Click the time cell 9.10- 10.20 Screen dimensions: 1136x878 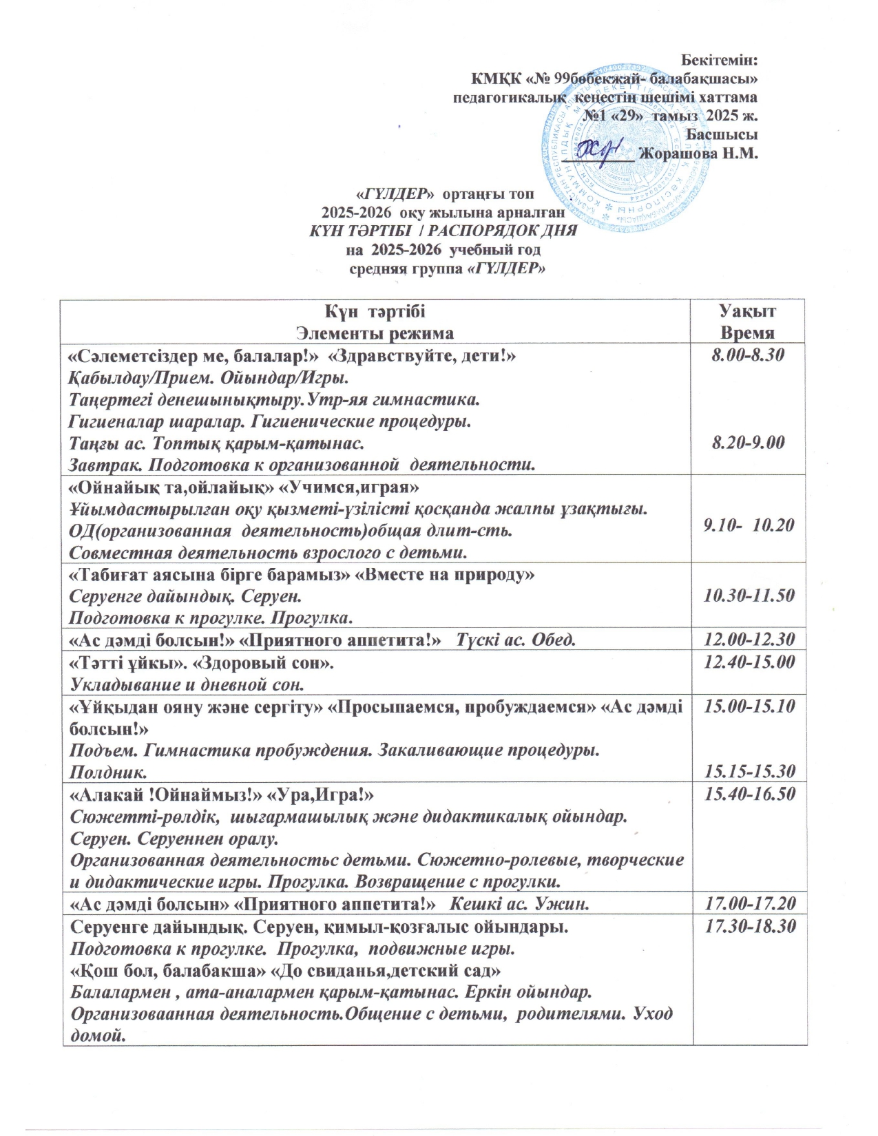[749, 525]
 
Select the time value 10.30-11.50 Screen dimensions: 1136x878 [749, 596]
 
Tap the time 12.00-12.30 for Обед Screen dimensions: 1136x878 [749, 640]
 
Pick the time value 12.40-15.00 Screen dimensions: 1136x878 [749, 662]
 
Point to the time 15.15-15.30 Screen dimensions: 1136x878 [749, 770]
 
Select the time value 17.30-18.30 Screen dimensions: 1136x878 [749, 927]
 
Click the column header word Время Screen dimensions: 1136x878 [747, 333]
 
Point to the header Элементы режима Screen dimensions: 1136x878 [375, 334]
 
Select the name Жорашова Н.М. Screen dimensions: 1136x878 [698, 154]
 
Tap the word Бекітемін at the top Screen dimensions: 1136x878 [719, 60]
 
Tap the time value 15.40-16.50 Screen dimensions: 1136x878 [749, 795]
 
